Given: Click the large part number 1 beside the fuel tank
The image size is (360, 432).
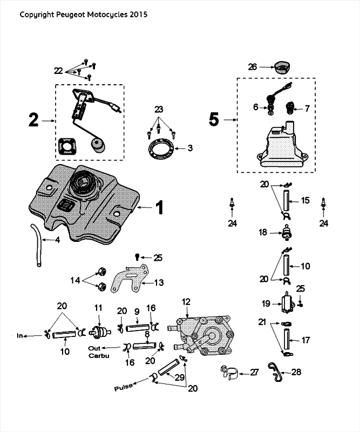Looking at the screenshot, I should pos(159,207).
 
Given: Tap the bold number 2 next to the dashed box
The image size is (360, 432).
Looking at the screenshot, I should pos(34,120).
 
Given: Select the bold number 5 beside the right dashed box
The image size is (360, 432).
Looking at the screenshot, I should pos(214,119).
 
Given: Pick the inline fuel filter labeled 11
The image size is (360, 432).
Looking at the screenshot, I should pos(98,330).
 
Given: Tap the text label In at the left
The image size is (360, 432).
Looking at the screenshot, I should pos(21,336).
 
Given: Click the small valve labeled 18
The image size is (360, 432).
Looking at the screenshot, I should pos(287,233).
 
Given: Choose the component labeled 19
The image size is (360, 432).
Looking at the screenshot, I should pos(287,304).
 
